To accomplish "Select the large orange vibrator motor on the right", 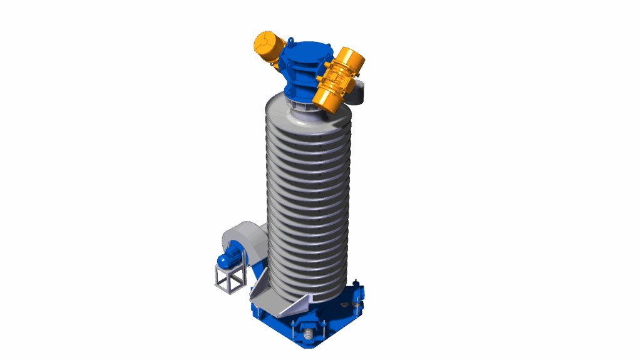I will (x=338, y=78).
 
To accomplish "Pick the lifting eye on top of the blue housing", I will (x=292, y=41).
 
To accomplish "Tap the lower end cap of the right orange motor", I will (x=326, y=98).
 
